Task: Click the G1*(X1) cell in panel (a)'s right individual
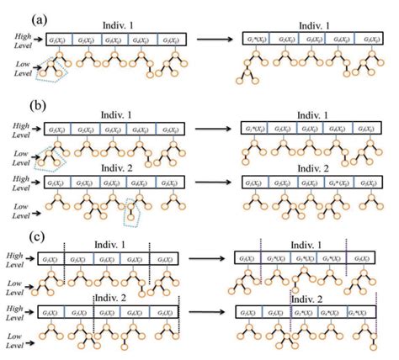[255, 39]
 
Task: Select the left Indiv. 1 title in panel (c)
[109, 245]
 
